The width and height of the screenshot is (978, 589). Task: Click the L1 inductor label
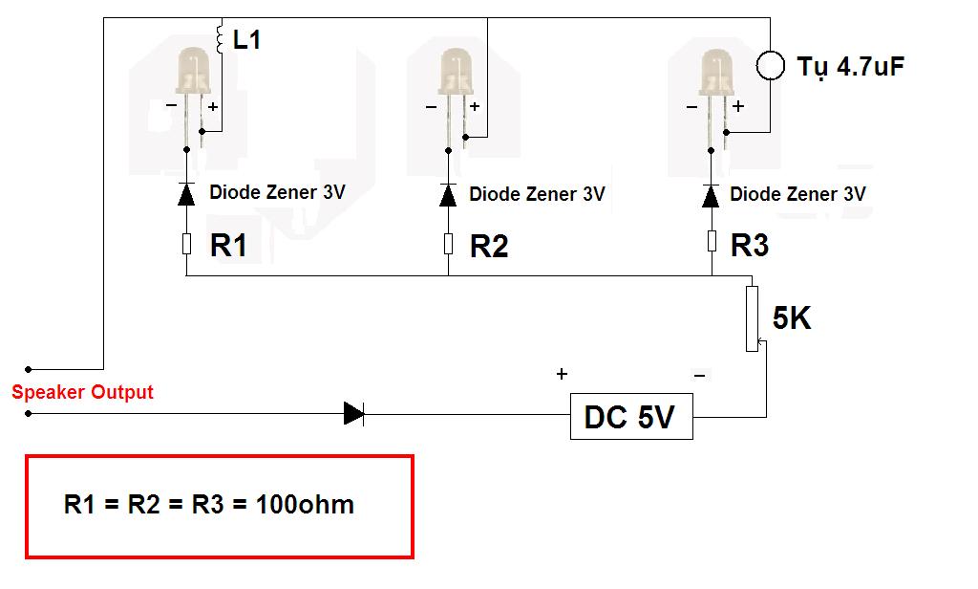(246, 40)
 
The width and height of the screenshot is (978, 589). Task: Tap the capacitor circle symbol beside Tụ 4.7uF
(770, 65)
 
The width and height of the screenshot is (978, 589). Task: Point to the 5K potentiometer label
(792, 319)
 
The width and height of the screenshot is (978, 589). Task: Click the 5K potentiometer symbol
(753, 317)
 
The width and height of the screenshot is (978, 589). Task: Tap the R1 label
(229, 246)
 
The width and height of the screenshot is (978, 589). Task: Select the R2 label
(489, 247)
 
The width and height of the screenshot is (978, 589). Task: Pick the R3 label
(750, 246)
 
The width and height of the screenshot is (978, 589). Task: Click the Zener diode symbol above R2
(447, 195)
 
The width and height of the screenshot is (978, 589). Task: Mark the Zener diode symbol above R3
(710, 195)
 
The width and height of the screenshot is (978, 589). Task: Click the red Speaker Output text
(82, 392)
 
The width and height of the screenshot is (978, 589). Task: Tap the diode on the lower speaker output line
(353, 413)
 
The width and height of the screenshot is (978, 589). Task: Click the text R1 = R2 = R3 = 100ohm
(209, 504)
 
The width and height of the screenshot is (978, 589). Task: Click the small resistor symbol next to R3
(712, 241)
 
